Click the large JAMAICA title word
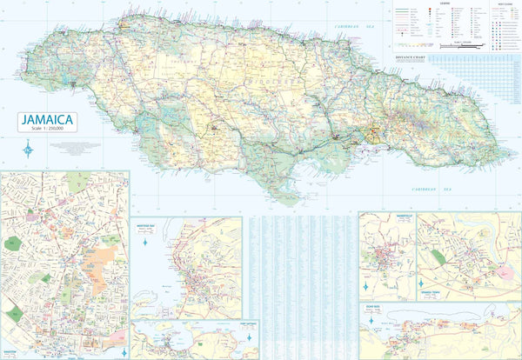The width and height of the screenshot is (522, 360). click(50, 119)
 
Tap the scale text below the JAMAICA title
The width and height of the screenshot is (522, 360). click(50, 130)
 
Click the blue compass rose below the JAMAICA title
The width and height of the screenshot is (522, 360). click(30, 149)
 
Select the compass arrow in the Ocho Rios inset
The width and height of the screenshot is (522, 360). click(371, 322)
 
